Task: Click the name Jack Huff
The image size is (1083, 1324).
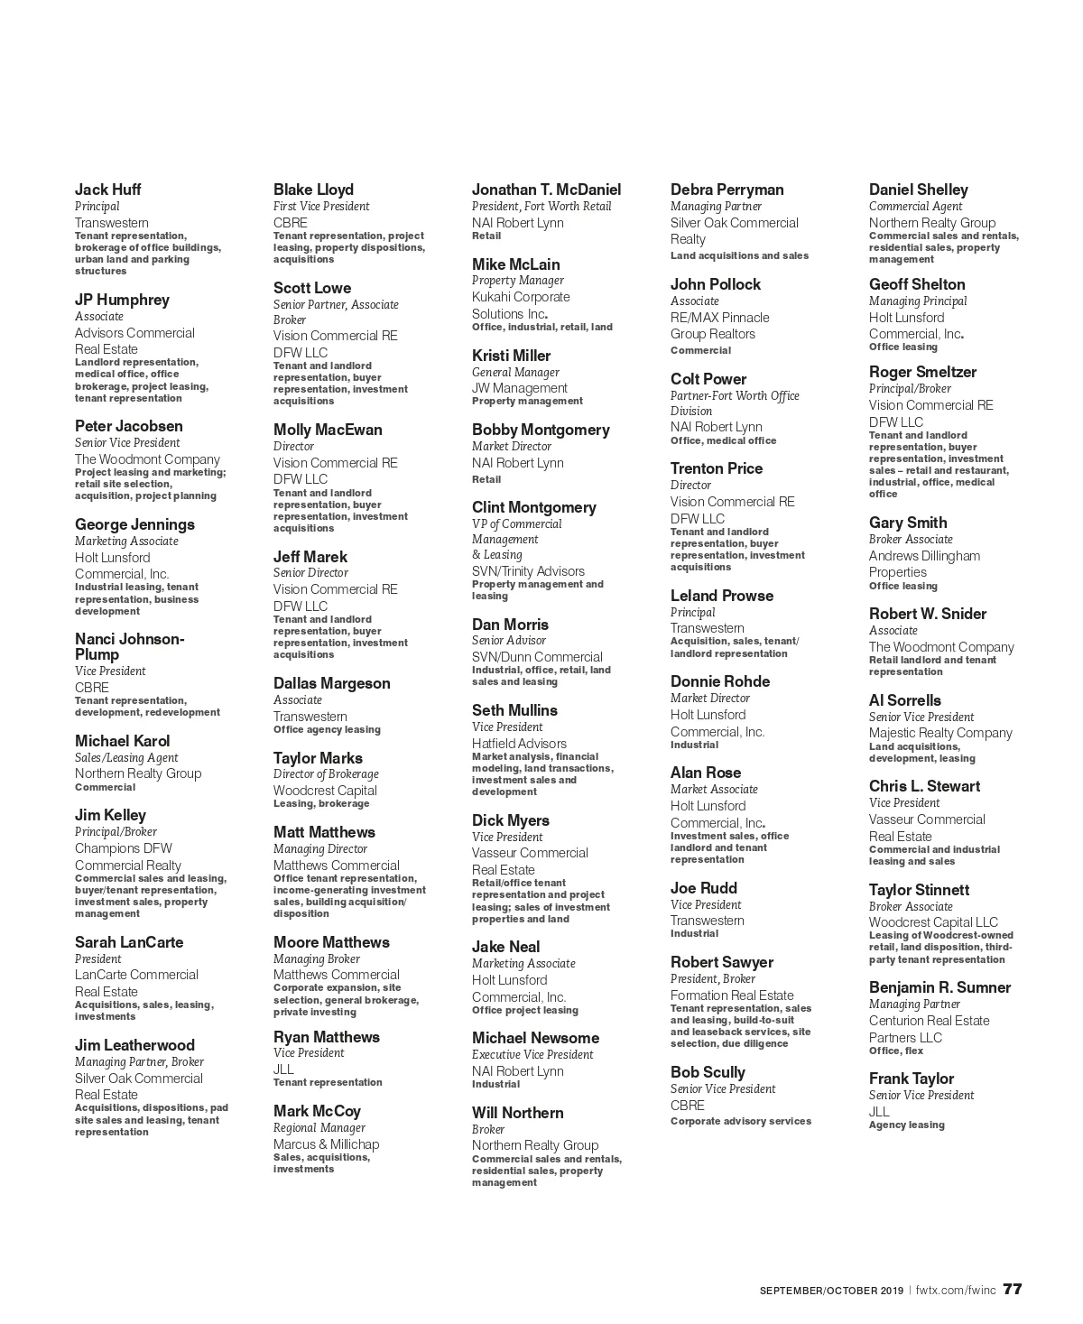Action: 107,190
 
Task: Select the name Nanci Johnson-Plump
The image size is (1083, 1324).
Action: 129,647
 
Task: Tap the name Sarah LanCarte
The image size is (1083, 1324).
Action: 129,942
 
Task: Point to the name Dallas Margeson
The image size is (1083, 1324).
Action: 331,683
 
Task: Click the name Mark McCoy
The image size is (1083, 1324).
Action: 317,1111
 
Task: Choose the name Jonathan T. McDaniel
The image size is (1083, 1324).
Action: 546,190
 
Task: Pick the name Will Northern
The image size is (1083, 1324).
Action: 517,1113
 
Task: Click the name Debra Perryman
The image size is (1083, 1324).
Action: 727,190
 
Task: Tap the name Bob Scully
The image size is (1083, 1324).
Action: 708,1072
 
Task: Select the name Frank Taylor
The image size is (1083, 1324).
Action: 911,1079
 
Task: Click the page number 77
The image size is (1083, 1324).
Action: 1013,1289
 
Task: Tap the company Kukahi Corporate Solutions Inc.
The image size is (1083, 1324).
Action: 521,305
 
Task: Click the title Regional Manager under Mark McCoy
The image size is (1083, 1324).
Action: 319,1128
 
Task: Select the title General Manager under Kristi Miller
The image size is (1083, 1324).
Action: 515,372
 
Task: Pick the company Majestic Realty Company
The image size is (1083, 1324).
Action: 940,733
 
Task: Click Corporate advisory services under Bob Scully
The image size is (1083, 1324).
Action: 740,1122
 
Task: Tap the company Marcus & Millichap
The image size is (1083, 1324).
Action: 326,1144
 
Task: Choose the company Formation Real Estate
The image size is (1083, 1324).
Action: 732,995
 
